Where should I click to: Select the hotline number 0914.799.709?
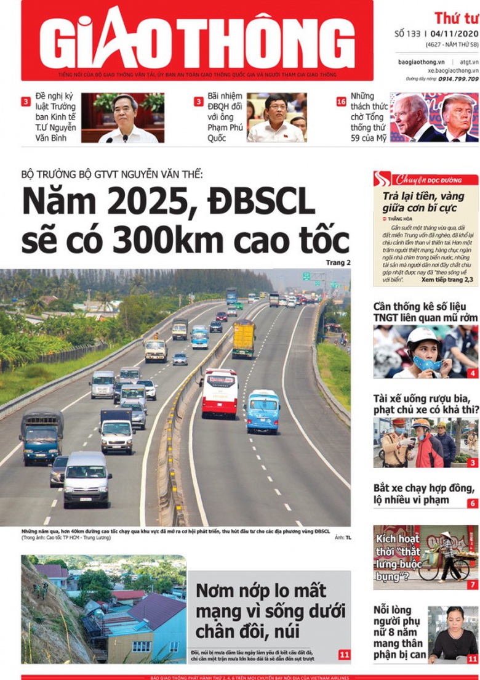(455, 79)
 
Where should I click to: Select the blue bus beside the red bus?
(263, 410)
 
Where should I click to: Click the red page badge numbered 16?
(341, 102)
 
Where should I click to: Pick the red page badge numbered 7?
(472, 585)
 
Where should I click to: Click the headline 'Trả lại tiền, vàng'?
(423, 203)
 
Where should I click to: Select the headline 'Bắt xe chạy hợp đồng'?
(424, 494)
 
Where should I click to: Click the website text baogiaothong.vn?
(421, 62)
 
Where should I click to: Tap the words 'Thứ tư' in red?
(456, 18)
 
